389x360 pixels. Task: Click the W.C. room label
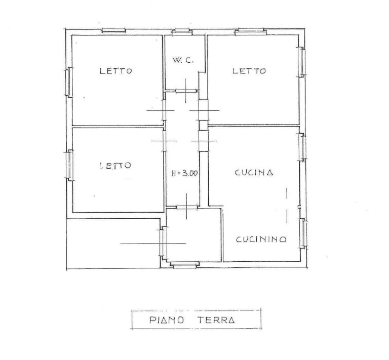click(183, 60)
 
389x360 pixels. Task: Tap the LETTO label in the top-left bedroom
click(116, 71)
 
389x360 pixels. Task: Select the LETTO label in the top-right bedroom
click(249, 71)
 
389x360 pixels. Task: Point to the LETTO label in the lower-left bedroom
click(115, 166)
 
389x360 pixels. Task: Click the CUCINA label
click(254, 173)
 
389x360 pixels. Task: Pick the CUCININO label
click(261, 239)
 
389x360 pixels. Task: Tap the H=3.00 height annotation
click(185, 173)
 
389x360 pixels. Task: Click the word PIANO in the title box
click(167, 320)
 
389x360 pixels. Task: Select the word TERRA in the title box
click(216, 320)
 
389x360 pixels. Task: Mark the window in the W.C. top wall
click(182, 32)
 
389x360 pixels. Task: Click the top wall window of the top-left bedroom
click(114, 30)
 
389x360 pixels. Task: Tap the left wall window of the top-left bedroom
click(69, 82)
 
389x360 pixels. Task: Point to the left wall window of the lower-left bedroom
click(70, 165)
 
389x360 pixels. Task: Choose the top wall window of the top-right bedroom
click(251, 31)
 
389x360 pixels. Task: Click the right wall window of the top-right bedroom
click(302, 62)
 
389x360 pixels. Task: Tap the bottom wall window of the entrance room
click(184, 264)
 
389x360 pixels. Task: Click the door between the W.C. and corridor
click(186, 91)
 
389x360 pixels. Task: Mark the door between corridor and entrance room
click(187, 207)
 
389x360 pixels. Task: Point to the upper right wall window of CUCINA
click(302, 147)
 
